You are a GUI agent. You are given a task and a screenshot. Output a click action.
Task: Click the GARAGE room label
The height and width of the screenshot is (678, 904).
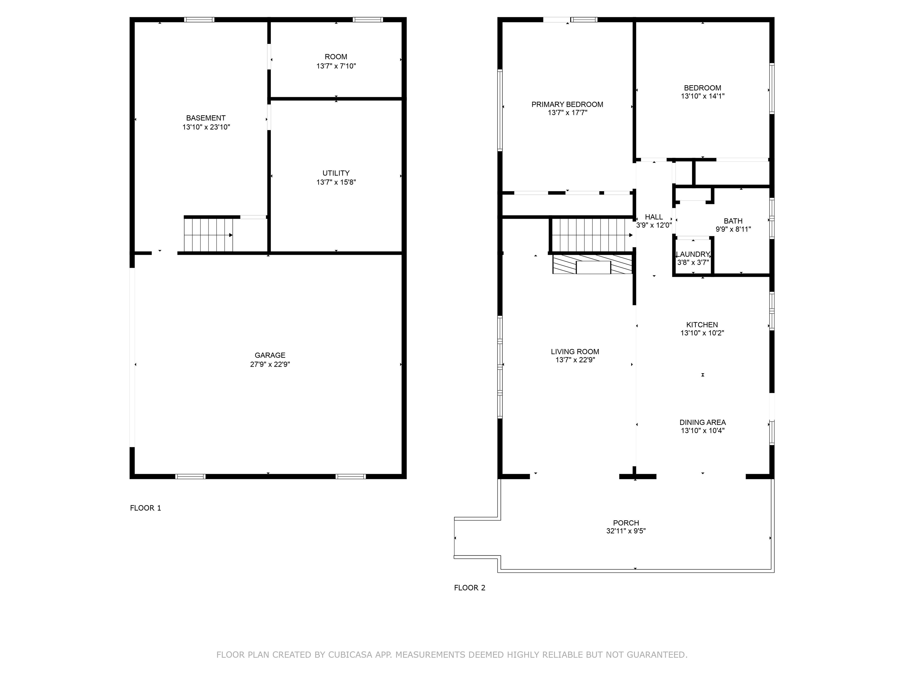(x=270, y=355)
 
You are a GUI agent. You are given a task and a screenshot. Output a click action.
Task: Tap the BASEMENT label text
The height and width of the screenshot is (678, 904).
(x=206, y=118)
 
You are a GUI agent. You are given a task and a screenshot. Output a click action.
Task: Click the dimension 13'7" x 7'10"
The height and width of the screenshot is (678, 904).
(x=336, y=66)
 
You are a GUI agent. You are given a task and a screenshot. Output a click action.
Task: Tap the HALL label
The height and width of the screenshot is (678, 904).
(x=654, y=217)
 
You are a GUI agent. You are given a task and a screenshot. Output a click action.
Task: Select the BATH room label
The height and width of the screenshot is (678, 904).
(x=733, y=221)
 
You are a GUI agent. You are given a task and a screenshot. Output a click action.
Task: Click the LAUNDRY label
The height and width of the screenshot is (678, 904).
(x=693, y=254)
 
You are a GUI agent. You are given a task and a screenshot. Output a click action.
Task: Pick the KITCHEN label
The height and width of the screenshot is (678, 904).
(x=702, y=325)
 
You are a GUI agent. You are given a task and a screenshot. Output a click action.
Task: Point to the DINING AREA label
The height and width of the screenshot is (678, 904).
(x=702, y=423)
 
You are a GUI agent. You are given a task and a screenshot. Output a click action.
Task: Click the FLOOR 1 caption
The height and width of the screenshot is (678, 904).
(x=145, y=508)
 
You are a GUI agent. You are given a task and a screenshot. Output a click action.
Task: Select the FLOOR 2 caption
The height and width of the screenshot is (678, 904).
(x=470, y=588)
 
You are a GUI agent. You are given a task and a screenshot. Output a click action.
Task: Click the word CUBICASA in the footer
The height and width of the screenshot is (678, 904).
(x=350, y=655)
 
